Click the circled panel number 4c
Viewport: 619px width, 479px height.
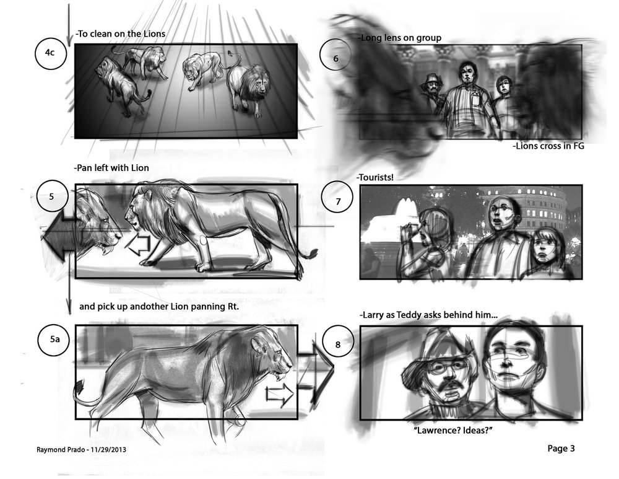(x=50, y=53)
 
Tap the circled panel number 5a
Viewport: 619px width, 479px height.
(x=54, y=339)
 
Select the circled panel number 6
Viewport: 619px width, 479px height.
(x=335, y=58)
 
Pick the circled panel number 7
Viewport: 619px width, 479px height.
(x=338, y=201)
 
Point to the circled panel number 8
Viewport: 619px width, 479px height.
(x=338, y=345)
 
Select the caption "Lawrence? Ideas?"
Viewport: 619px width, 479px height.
(x=453, y=430)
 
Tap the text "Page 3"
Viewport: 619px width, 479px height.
(x=561, y=448)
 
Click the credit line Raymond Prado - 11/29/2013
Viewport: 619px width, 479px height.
(x=81, y=449)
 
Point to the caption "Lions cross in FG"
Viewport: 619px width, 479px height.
(x=548, y=146)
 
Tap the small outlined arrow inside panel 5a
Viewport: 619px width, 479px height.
(x=280, y=394)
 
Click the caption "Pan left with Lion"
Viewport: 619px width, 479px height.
(x=111, y=168)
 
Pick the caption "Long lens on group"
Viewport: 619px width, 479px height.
(x=399, y=38)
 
